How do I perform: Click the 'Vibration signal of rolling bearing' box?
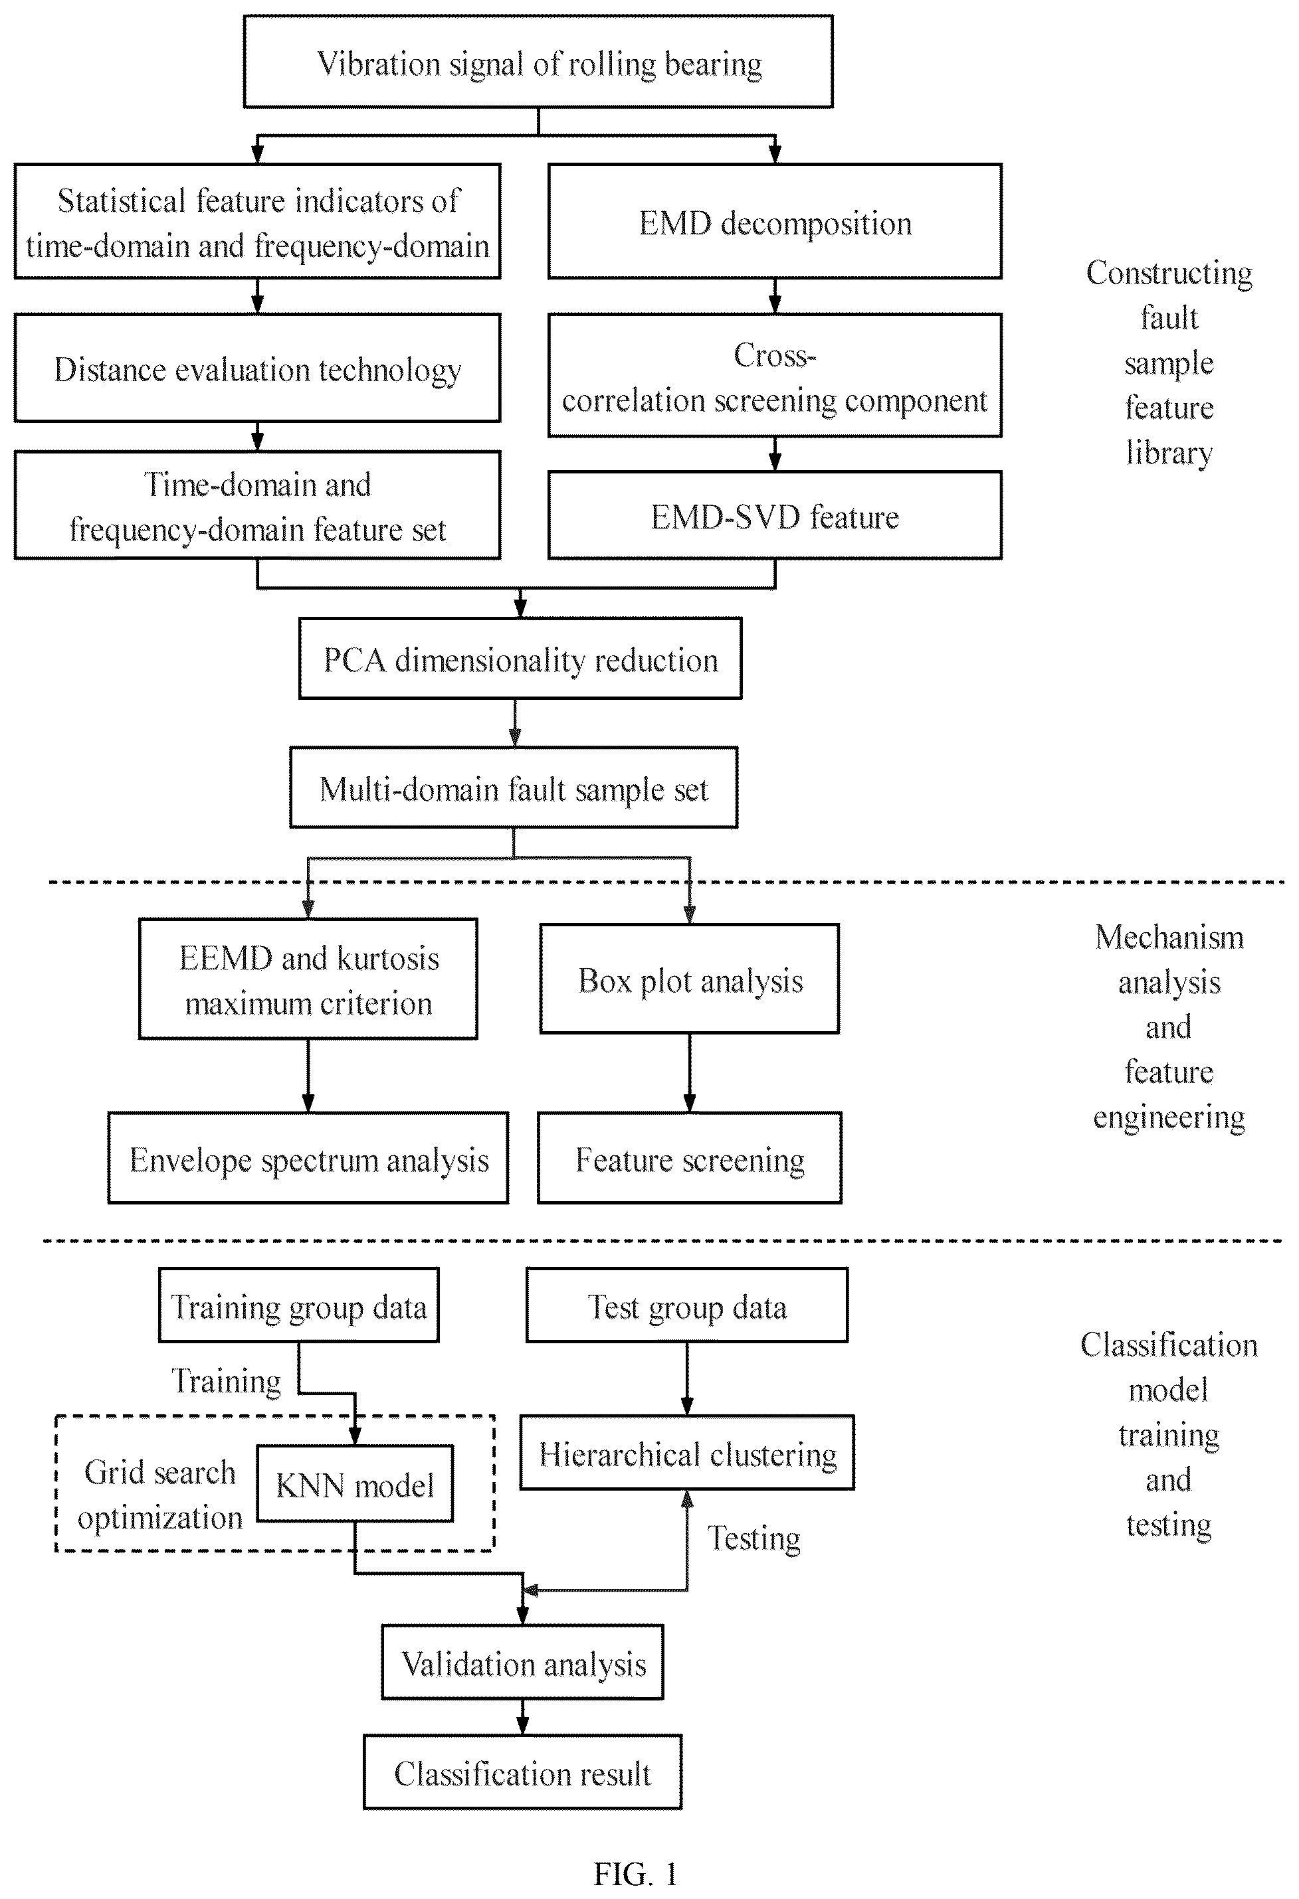[538, 61]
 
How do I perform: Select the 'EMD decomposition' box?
[775, 222]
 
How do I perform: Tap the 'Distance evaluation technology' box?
[258, 368]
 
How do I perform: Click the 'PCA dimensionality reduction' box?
[521, 659]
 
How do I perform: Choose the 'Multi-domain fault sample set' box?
[514, 787]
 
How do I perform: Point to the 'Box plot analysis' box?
[690, 979]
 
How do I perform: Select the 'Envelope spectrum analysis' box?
[308, 1158]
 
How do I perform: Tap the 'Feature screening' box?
[690, 1158]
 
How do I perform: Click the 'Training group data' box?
[298, 1305]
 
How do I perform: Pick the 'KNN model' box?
[355, 1484]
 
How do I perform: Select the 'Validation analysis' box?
[523, 1662]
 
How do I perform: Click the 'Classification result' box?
[523, 1772]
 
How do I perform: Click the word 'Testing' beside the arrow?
[753, 1538]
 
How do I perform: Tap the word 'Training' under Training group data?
[227, 1381]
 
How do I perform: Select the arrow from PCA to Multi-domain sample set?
[515, 723]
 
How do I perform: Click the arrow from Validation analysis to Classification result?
[523, 1718]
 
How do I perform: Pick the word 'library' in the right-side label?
[1169, 453]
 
